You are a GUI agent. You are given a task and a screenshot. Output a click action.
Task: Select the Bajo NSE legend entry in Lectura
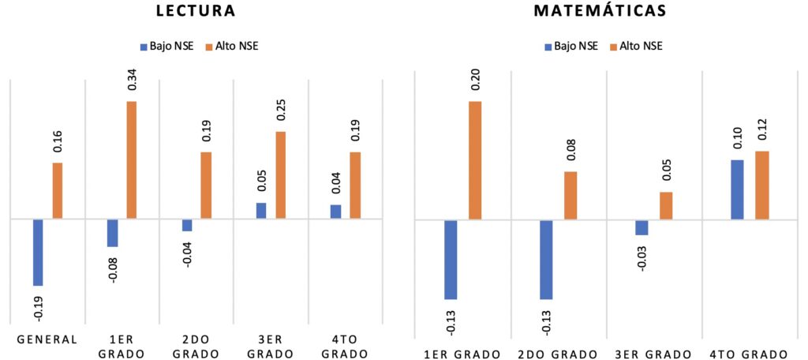click(x=166, y=46)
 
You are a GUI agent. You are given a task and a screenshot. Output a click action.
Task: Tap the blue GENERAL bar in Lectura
click(x=38, y=252)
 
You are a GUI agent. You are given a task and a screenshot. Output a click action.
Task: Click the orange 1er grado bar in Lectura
click(x=131, y=160)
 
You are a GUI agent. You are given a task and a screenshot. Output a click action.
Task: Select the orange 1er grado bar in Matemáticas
click(x=475, y=160)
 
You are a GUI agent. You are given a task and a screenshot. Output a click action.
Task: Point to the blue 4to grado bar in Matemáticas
click(x=738, y=189)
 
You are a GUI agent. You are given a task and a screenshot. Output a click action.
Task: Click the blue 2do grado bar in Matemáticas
click(x=546, y=259)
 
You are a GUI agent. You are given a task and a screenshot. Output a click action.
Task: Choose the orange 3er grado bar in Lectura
click(x=280, y=175)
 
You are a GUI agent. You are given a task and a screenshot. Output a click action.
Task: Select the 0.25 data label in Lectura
click(x=281, y=111)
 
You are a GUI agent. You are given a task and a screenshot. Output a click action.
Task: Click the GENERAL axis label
click(x=47, y=339)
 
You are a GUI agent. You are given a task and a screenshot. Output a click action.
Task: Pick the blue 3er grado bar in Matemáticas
click(x=642, y=227)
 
